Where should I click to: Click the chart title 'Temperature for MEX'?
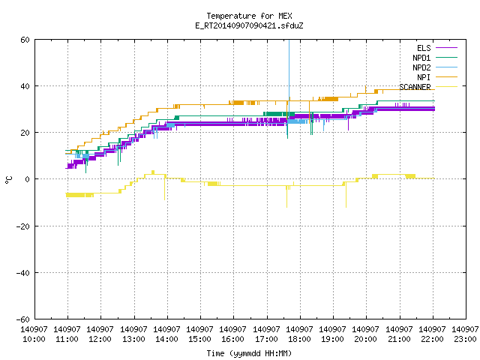249,16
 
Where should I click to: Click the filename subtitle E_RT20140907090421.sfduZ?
249,25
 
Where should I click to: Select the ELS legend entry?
436,48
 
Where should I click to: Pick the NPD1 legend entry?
435,58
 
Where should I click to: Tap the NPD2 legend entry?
435,67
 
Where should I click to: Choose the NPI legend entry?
436,77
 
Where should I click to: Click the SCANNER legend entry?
428,87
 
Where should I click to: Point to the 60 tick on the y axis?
25,40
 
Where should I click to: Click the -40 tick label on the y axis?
23,273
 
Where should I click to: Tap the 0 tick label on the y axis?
27,179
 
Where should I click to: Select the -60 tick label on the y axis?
23,319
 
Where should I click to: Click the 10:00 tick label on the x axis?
34,339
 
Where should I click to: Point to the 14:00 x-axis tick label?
166,339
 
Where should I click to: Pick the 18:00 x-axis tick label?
299,339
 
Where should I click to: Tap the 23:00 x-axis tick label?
465,339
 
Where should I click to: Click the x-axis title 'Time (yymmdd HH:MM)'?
249,353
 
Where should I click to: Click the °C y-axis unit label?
8,180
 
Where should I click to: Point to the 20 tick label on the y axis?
25,133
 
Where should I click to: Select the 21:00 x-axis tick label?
399,339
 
